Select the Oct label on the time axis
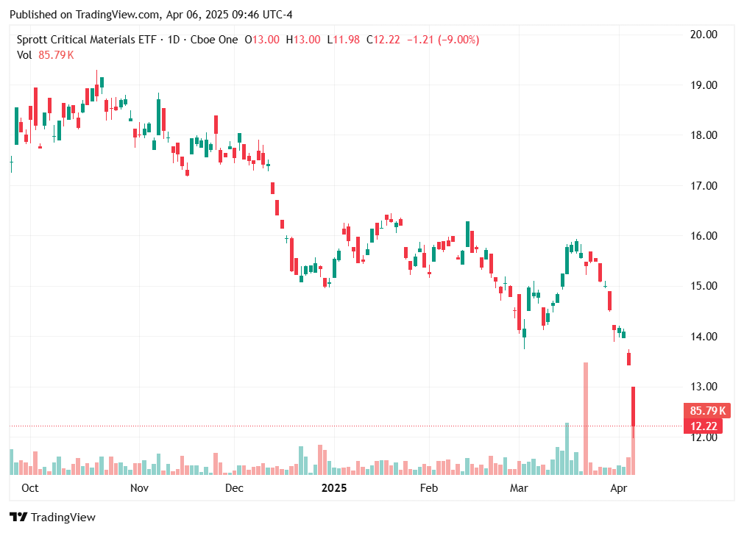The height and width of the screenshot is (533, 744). [30, 487]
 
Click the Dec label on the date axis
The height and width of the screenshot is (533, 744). [234, 487]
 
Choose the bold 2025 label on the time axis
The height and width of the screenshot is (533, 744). [334, 487]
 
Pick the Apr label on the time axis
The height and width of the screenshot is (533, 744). [619, 487]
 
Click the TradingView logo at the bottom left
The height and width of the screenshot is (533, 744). [52, 517]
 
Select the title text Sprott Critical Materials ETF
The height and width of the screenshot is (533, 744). [86, 40]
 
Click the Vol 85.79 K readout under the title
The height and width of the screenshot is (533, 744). [45, 54]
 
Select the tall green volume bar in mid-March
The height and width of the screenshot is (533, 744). [567, 448]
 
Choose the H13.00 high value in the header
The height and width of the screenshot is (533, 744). [303, 40]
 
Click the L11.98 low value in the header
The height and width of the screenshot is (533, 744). [344, 40]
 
